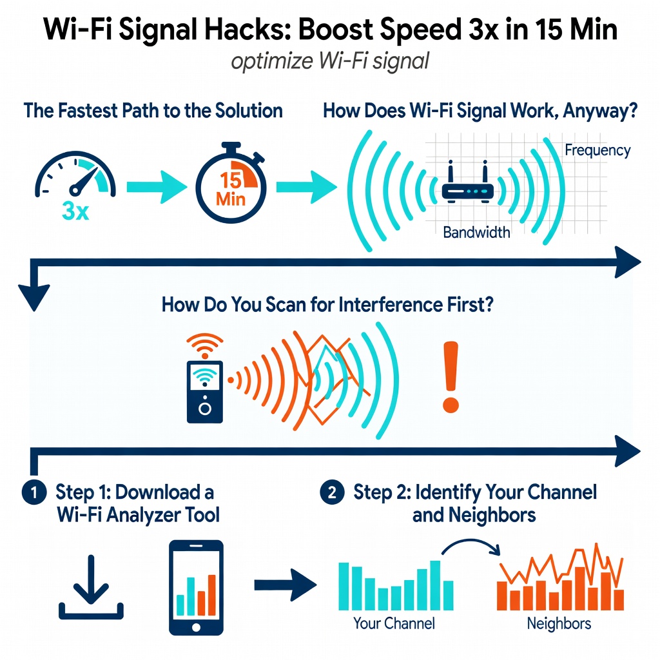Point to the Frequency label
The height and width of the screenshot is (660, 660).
(x=597, y=150)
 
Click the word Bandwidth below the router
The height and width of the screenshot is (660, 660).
(x=476, y=232)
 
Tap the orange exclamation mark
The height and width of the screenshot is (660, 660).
(x=450, y=377)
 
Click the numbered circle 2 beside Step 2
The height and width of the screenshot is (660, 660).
(x=331, y=493)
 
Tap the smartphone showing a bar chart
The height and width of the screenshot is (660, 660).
(x=196, y=587)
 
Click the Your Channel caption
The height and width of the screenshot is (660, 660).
(x=394, y=623)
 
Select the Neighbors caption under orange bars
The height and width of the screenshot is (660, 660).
(x=559, y=623)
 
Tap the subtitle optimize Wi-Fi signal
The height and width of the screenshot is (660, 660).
(x=330, y=63)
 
